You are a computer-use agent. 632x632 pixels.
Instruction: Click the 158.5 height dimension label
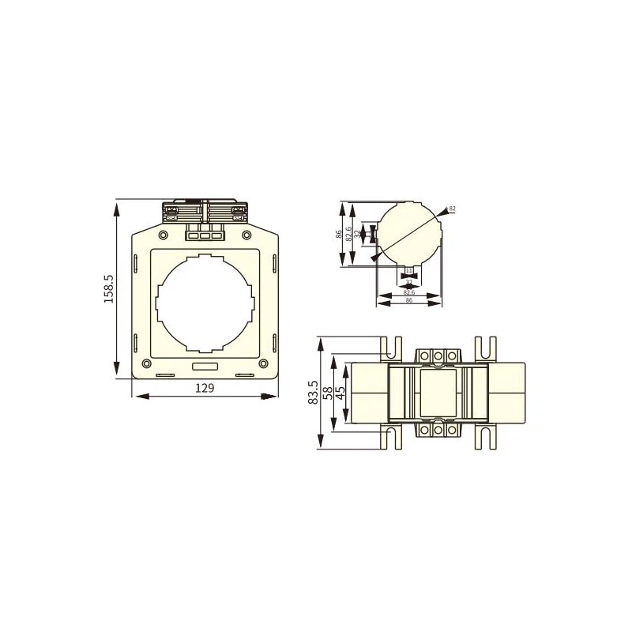click(x=109, y=289)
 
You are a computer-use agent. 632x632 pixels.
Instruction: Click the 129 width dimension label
click(x=205, y=388)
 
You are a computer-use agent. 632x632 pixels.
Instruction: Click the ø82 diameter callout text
click(x=452, y=209)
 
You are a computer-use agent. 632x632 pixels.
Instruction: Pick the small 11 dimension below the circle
click(x=408, y=271)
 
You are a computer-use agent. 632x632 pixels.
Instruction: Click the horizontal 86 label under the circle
click(x=408, y=302)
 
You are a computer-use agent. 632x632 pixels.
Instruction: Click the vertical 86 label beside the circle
click(x=338, y=235)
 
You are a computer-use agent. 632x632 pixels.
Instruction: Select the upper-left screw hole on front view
click(x=164, y=235)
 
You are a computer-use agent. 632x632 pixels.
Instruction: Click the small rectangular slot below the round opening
click(x=205, y=366)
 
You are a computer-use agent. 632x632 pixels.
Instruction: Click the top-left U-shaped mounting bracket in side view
click(x=389, y=348)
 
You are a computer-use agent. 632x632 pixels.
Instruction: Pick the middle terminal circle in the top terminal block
click(x=438, y=356)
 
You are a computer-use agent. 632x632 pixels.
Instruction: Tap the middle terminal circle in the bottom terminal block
click(x=438, y=431)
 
